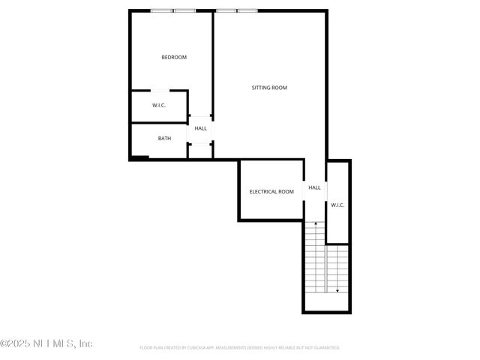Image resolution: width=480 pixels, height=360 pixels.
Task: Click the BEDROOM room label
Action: [174, 57]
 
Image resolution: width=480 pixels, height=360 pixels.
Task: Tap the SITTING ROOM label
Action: [269, 88]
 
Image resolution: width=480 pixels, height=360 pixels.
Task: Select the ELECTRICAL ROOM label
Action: [271, 191]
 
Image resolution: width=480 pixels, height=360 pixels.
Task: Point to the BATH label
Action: [164, 138]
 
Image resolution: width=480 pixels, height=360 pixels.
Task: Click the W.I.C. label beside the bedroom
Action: [159, 105]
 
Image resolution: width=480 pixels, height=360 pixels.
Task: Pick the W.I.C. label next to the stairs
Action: [337, 205]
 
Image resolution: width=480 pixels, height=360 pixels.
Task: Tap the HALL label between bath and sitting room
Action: [201, 128]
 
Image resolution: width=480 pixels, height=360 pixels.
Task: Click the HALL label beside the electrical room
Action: [314, 187]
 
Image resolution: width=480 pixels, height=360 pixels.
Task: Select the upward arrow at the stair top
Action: [316, 223]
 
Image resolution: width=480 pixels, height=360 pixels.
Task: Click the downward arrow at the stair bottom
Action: [337, 290]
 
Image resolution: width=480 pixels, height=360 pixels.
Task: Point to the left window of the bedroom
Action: [161, 10]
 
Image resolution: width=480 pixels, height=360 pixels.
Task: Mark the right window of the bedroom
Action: [185, 10]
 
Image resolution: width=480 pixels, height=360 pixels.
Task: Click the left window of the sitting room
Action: [226, 10]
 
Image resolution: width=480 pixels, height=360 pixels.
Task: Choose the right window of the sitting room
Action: [247, 10]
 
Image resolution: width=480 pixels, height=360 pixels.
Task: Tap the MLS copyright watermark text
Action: [46, 343]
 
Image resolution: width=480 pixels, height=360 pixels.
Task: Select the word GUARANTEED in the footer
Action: [327, 348]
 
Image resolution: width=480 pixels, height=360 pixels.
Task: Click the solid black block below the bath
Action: [139, 157]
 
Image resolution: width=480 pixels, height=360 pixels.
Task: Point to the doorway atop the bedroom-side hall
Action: [201, 116]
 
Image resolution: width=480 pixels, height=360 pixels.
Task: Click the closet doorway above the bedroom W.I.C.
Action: [159, 91]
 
